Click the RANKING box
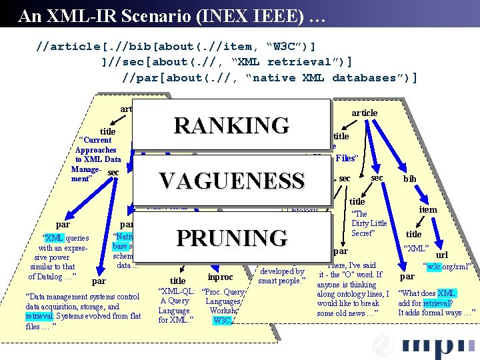pyautogui.click(x=231, y=125)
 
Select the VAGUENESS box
pyautogui.click(x=231, y=181)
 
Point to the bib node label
pyautogui.click(x=409, y=179)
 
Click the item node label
pyautogui.click(x=427, y=209)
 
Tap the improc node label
pyautogui.click(x=220, y=277)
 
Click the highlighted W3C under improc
pyautogui.click(x=222, y=321)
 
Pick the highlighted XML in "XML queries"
pyautogui.click(x=54, y=238)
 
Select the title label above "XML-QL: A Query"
pyautogui.click(x=177, y=281)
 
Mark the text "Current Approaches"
pyautogui.click(x=95, y=145)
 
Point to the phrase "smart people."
pyautogui.click(x=281, y=281)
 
